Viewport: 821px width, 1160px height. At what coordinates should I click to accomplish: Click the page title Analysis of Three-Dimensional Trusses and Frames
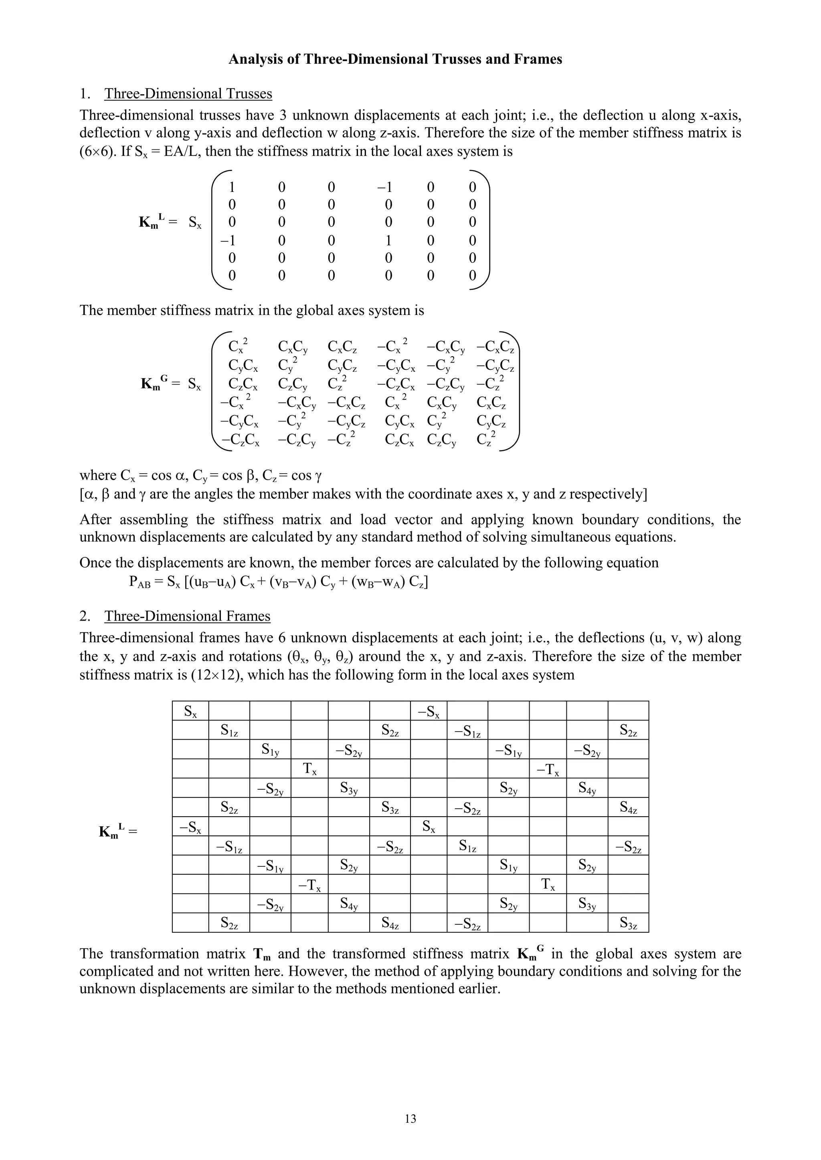tap(395, 59)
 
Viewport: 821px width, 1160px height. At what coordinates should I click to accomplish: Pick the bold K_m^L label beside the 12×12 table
tap(113, 830)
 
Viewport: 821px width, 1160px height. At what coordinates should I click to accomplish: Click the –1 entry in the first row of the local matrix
tap(385, 188)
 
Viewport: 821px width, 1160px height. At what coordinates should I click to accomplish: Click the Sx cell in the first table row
tap(190, 711)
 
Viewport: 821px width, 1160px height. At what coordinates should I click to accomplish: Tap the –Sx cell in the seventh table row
tap(190, 827)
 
